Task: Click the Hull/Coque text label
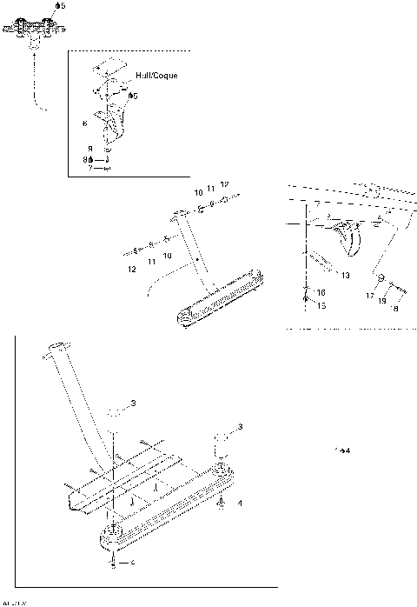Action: pyautogui.click(x=156, y=76)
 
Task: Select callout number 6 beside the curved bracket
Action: pyautogui.click(x=84, y=123)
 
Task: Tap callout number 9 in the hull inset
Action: pyautogui.click(x=89, y=149)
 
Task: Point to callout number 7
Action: pyautogui.click(x=89, y=167)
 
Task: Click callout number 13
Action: pyautogui.click(x=345, y=275)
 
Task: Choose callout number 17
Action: pyautogui.click(x=369, y=297)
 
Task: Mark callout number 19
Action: pyautogui.click(x=383, y=299)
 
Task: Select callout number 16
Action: pyautogui.click(x=321, y=292)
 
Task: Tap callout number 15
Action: pyautogui.click(x=321, y=305)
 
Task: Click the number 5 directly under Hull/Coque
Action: pyautogui.click(x=133, y=95)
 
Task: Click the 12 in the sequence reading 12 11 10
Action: pyautogui.click(x=131, y=270)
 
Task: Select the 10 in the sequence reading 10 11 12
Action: pyautogui.click(x=198, y=190)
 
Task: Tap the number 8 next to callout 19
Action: pyautogui.click(x=396, y=308)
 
